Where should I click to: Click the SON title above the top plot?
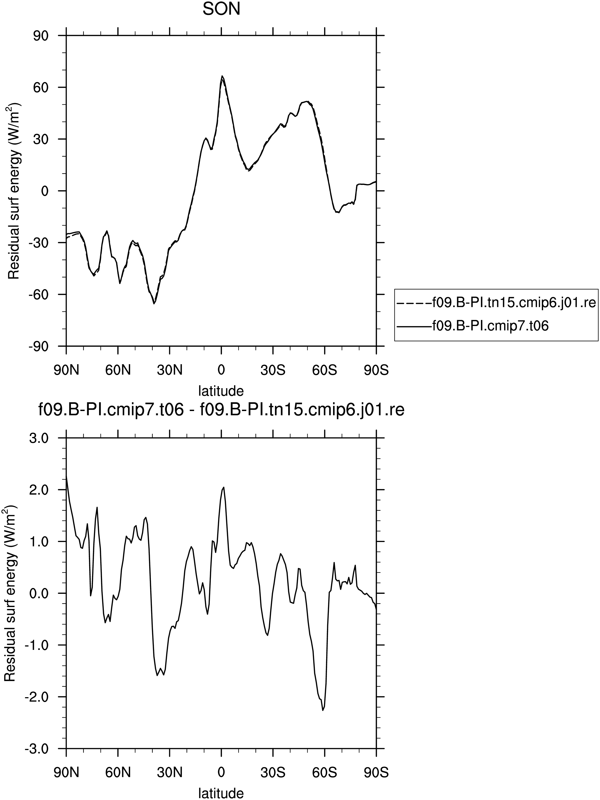click(x=221, y=9)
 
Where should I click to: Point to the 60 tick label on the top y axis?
click(x=41, y=87)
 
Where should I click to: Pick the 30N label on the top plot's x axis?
click(x=169, y=370)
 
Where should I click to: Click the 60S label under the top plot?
click(x=325, y=370)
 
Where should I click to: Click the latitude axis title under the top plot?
click(x=221, y=391)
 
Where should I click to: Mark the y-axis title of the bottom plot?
click(x=10, y=594)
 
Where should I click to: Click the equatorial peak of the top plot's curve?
click(x=222, y=76)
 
